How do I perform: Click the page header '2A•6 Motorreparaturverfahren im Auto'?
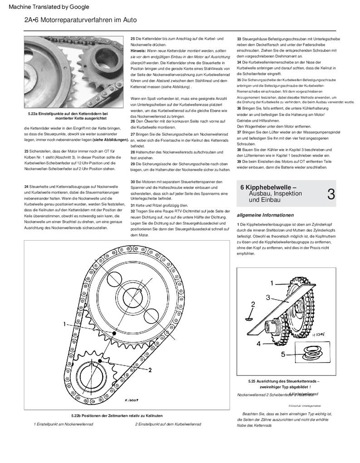(80, 20)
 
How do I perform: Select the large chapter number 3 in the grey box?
(331, 194)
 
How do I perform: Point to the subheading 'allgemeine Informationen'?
(266, 215)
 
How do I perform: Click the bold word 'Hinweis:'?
(138, 51)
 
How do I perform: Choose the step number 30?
(133, 182)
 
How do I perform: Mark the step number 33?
(239, 39)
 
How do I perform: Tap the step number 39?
(239, 161)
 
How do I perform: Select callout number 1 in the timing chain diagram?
(65, 324)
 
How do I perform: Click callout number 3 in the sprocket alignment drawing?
(268, 298)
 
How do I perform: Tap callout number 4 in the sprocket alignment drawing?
(259, 344)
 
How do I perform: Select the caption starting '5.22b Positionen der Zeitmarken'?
(117, 415)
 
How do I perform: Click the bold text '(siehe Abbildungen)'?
(108, 139)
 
